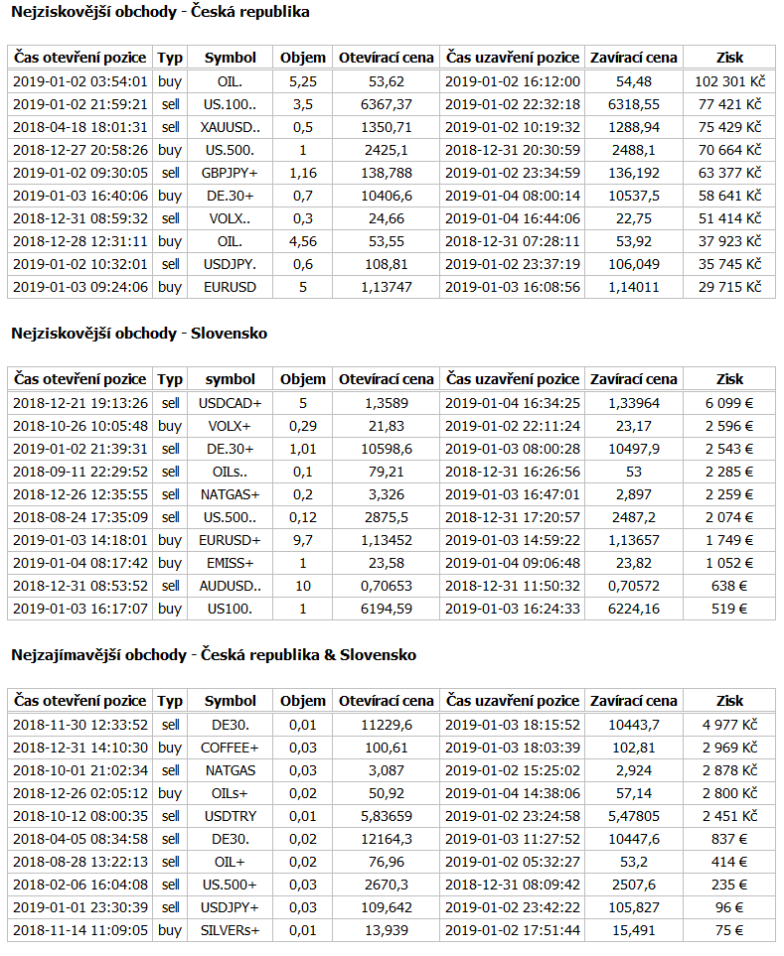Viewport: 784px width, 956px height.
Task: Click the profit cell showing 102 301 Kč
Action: (x=728, y=81)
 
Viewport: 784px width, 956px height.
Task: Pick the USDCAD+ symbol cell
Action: (x=231, y=403)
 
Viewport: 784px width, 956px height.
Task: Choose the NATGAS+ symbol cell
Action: (x=231, y=494)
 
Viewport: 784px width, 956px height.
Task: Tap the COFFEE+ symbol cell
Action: (x=231, y=748)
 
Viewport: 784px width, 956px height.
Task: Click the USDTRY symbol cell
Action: (x=231, y=816)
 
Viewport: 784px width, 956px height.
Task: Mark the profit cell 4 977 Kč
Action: (x=728, y=725)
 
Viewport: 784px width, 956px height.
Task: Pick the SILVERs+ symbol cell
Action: (x=231, y=930)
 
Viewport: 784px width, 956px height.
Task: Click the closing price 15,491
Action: (x=634, y=930)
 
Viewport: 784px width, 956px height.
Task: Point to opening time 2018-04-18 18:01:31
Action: (x=80, y=127)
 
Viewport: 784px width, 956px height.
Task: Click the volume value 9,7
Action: (x=302, y=540)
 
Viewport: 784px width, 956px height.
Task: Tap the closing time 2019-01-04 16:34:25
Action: (x=512, y=403)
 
